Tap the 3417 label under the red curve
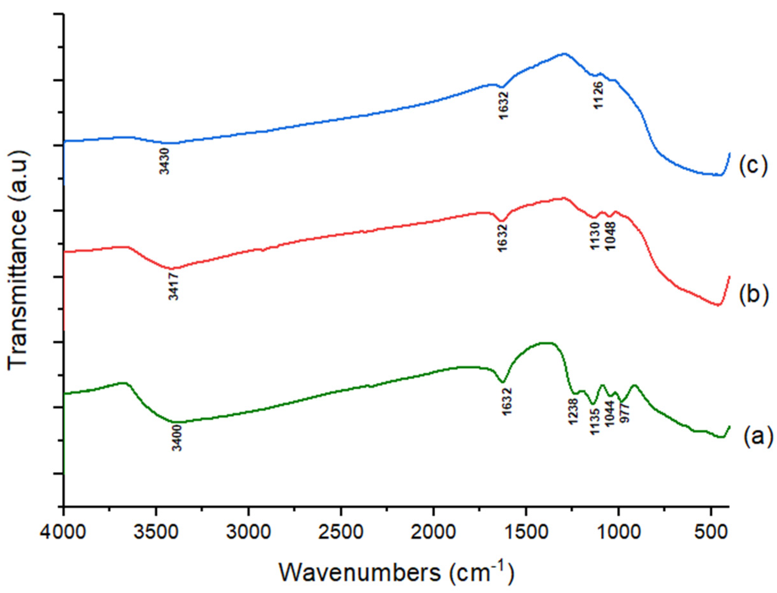pos(174,287)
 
